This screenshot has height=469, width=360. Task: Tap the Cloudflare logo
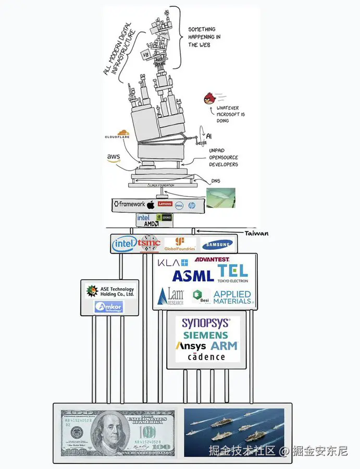pyautogui.click(x=117, y=135)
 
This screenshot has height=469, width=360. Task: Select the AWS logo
pyautogui.click(x=114, y=157)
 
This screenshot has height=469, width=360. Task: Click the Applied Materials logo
pyautogui.click(x=232, y=298)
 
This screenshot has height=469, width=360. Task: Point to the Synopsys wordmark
pyautogui.click(x=204, y=323)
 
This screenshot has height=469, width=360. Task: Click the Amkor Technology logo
pyautogui.click(x=108, y=307)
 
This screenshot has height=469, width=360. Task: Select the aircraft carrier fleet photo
pyautogui.click(x=234, y=432)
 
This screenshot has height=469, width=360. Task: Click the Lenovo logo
pyautogui.click(x=165, y=204)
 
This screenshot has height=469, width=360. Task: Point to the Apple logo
pyautogui.click(x=151, y=204)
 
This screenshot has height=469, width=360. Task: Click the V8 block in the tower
pyautogui.click(x=146, y=54)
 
